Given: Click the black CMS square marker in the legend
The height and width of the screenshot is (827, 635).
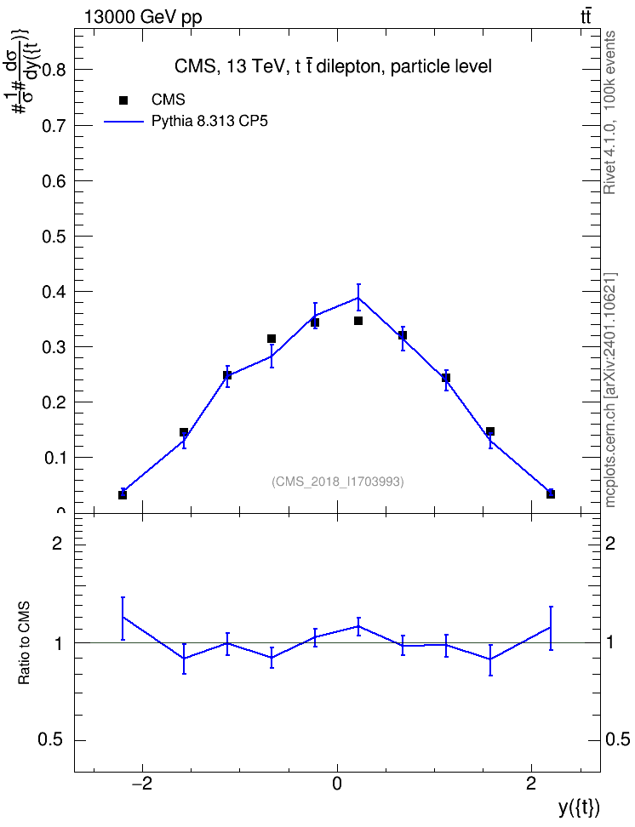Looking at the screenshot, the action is [123, 100].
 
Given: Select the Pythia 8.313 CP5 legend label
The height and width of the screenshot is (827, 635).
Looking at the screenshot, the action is [209, 122].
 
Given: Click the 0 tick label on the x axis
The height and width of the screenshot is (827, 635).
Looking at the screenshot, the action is [337, 784].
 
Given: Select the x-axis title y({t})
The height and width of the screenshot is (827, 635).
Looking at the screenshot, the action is [579, 808].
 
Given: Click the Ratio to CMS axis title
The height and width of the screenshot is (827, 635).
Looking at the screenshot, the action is [25, 643].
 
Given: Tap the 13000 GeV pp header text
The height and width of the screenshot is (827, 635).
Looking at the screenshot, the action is [143, 18].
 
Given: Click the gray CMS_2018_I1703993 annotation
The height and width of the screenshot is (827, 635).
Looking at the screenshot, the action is [338, 482].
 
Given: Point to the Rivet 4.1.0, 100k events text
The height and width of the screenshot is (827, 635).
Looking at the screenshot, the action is [609, 112].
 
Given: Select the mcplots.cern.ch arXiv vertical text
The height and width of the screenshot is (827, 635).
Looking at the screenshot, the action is [609, 390].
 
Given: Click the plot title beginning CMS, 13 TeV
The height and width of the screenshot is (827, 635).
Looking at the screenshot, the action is [333, 66].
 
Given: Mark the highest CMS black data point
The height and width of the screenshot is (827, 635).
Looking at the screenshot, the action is [358, 321].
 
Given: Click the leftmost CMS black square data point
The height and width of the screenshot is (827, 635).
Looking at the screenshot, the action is [123, 494].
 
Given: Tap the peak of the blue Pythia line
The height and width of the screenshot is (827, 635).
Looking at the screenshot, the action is [358, 297].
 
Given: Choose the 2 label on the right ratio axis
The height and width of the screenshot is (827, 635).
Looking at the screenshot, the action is [610, 544].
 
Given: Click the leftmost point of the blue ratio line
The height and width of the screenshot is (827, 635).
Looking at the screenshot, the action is [123, 617].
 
